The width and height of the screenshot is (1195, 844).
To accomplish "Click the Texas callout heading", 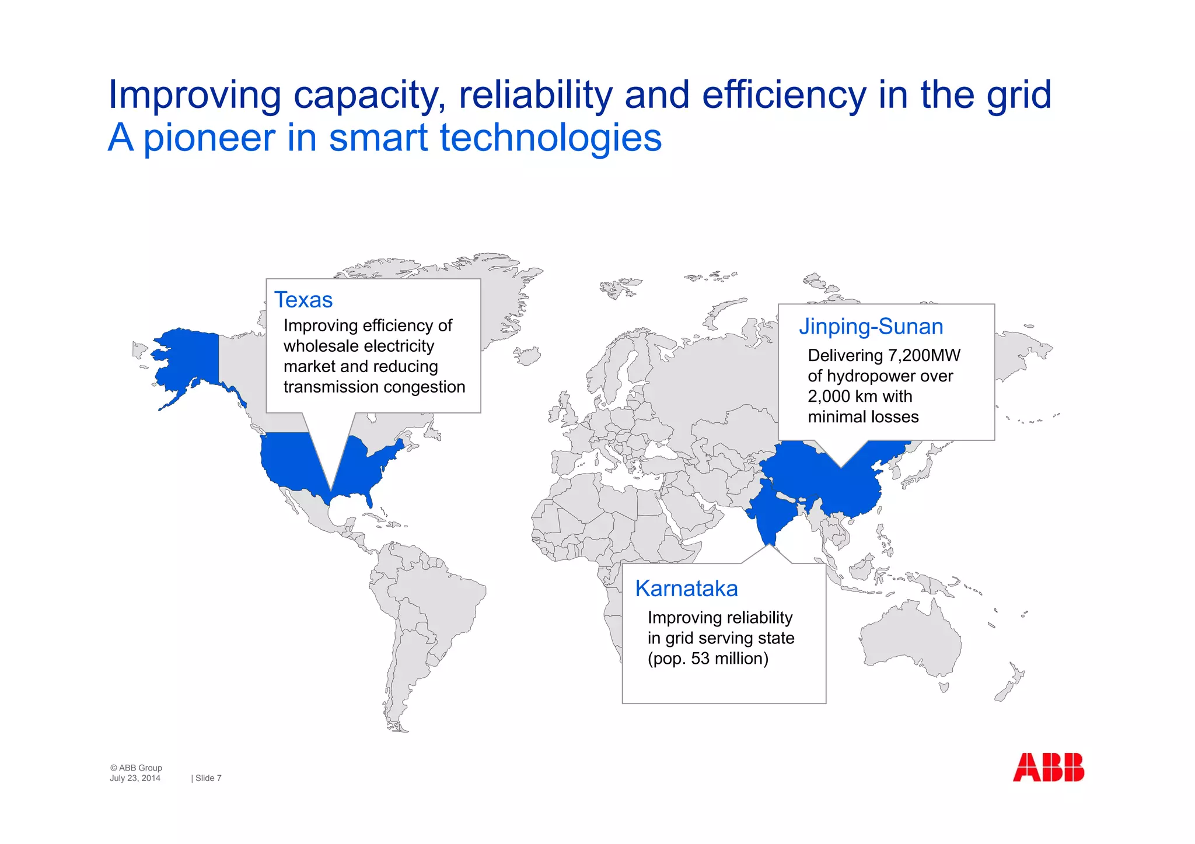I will click(x=303, y=300).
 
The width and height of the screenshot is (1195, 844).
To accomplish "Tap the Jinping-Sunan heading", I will click(x=871, y=327).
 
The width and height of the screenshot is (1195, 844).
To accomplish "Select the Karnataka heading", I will click(x=686, y=589).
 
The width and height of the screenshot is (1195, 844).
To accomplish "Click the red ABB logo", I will click(x=1048, y=767).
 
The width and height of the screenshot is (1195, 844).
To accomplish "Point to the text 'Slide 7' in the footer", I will click(x=208, y=778).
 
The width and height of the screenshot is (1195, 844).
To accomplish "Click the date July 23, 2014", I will click(x=135, y=778).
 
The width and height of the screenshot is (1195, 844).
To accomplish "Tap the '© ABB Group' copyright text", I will click(x=136, y=768).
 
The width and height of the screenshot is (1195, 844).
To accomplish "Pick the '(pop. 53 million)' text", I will click(x=708, y=659).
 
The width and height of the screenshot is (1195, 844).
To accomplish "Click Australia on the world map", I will click(x=910, y=642).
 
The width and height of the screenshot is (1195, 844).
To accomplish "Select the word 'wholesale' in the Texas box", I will click(x=320, y=346).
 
